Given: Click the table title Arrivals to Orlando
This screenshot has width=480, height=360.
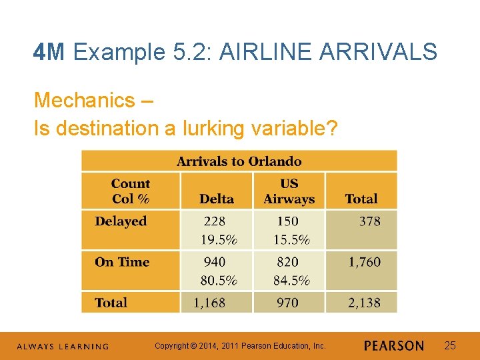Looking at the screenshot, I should pos(239,161).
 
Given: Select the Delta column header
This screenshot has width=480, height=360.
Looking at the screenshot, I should pos(217,199).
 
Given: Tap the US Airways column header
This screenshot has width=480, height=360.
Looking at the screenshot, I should pos(289,191).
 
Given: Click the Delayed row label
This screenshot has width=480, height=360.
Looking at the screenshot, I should pos(121,221).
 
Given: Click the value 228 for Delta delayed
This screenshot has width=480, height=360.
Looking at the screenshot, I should pos(215,221).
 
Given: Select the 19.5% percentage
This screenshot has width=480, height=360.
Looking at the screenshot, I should pos(219,239).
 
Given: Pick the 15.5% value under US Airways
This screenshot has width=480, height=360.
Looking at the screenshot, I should pos(291,239).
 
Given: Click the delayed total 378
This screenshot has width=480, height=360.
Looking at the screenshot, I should pos(369,221).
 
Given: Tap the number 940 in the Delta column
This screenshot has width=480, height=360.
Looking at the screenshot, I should pos(215,262).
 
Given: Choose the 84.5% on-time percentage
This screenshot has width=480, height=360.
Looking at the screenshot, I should pos(291,280).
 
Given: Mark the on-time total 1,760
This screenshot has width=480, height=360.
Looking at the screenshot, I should pos(364,262).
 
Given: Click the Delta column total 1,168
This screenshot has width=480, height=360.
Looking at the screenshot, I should pos(209,303).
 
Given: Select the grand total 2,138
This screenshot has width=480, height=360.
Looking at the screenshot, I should pos(364,303).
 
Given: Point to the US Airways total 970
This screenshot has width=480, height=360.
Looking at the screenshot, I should pos(287,303).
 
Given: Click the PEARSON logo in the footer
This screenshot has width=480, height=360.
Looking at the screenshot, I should pos(394,346).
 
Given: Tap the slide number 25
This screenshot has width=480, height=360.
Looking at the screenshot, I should pos(450,345).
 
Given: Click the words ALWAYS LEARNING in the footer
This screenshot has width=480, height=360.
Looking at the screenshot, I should pos(62,347).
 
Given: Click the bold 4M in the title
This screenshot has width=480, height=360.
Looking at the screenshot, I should pos(49,52).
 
